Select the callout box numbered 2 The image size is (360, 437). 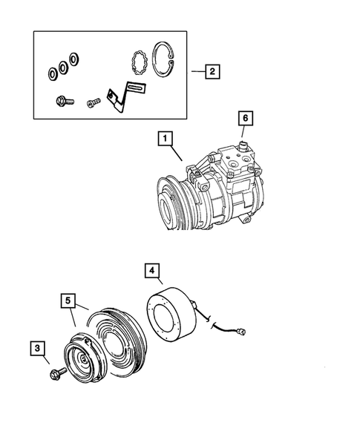tap(212, 72)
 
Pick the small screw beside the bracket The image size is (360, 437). tap(93, 103)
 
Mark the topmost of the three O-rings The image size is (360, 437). tap(74, 58)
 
